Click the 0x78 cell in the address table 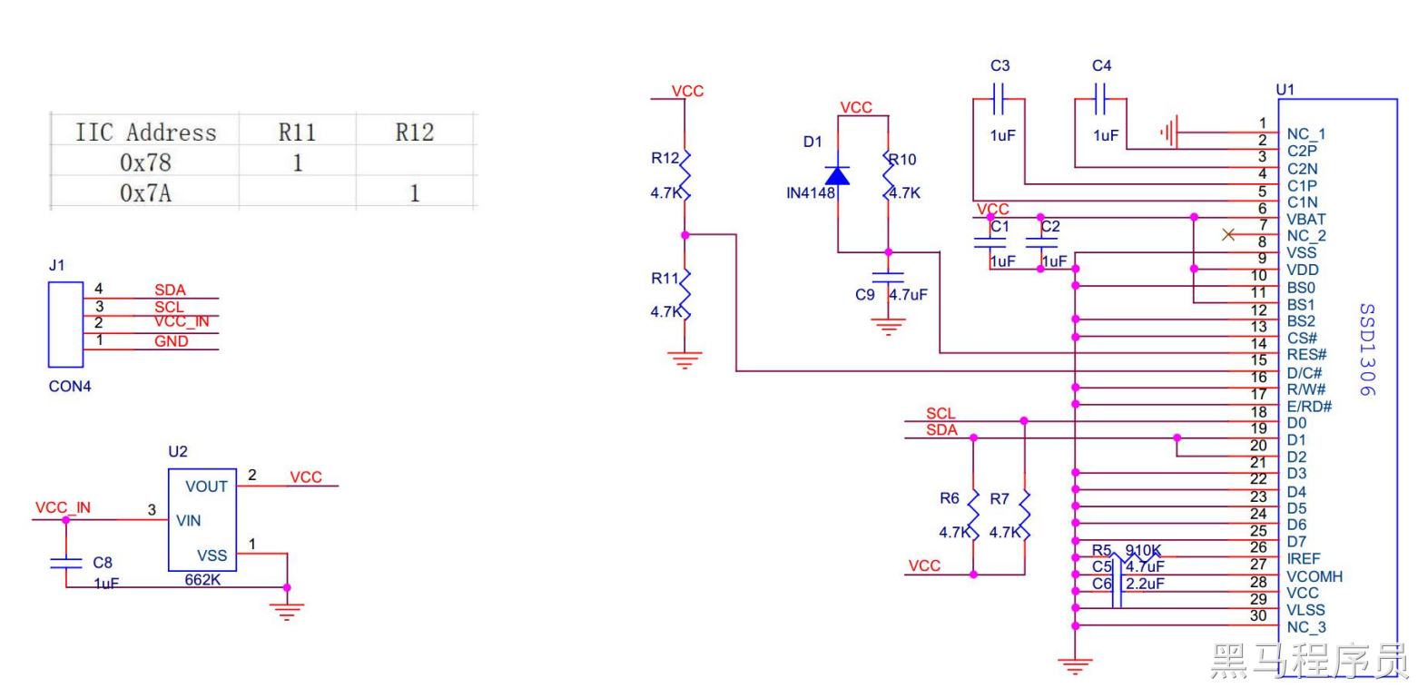(145, 162)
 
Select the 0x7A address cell (145, 192)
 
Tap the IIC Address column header (146, 133)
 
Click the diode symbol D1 (838, 175)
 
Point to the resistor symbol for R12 (684, 175)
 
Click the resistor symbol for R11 (684, 294)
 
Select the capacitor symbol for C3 (999, 99)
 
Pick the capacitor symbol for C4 (1100, 99)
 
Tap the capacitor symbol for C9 (888, 277)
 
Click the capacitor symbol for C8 (66, 563)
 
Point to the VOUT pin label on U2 (206, 487)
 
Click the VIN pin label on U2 (189, 520)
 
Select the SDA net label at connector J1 (171, 290)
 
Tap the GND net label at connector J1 (172, 341)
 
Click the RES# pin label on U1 (1306, 355)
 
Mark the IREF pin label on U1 (1304, 559)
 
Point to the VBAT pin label (1306, 220)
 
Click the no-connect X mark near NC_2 (1229, 235)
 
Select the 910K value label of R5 (1143, 549)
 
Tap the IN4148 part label (811, 193)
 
